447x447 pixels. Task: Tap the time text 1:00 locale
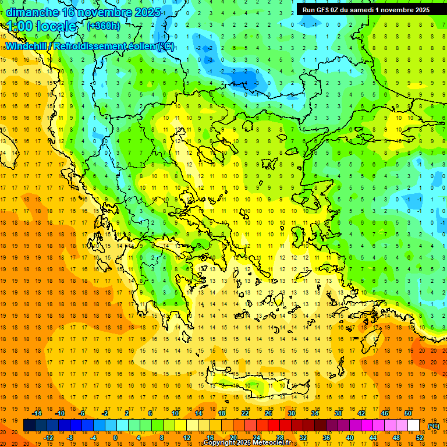tap(41, 26)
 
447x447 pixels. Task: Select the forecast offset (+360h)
tap(104, 26)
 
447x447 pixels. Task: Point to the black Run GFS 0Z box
tap(366, 9)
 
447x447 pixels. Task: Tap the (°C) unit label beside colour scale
tap(433, 426)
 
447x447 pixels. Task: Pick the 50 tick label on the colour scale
tap(407, 413)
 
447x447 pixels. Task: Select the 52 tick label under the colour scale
tap(419, 437)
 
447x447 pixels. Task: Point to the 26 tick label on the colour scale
tap(268, 413)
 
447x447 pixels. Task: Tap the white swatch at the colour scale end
tap(413, 425)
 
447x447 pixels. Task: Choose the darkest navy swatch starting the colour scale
tap(30, 425)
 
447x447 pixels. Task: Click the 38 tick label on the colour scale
tap(338, 413)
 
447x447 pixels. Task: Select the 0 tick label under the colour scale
tap(115, 437)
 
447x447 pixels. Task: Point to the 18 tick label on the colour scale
tap(222, 413)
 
